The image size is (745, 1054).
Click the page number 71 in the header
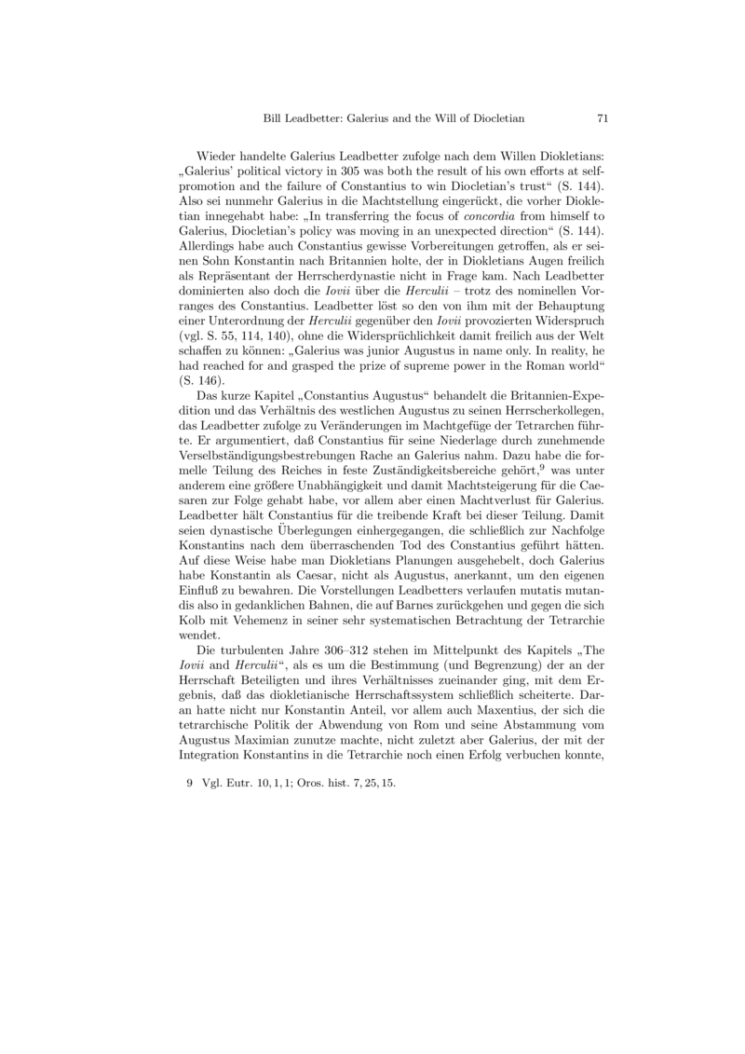coord(602,118)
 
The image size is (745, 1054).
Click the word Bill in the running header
coord(277,118)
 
